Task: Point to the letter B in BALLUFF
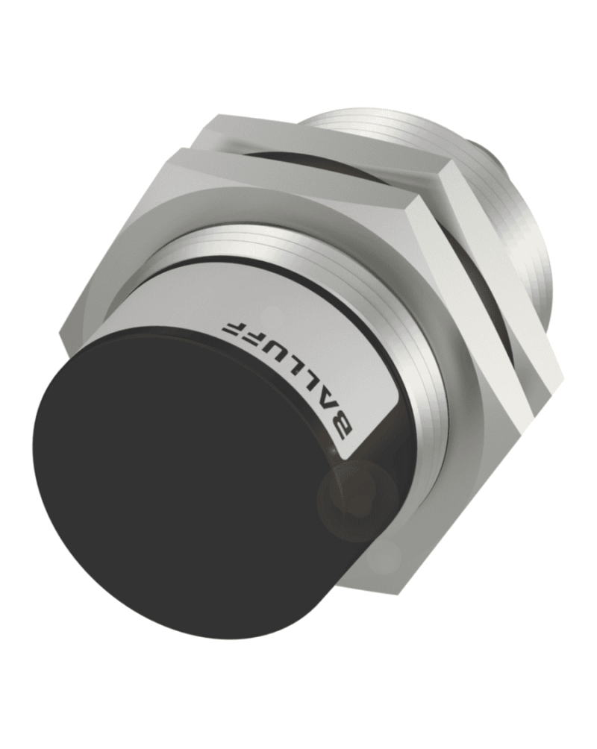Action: pyautogui.click(x=345, y=429)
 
